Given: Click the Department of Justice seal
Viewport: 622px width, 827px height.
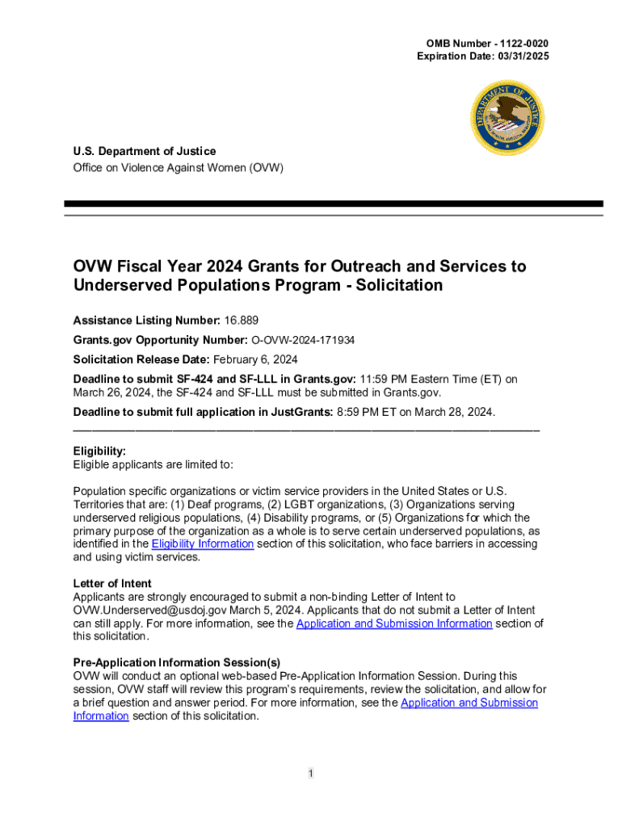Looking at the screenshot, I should tap(506, 119).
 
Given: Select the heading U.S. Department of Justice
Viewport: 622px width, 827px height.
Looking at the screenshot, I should tap(145, 151).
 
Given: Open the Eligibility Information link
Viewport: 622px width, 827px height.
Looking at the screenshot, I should tap(203, 544).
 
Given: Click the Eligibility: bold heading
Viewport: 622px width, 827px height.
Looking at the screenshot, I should tap(99, 451).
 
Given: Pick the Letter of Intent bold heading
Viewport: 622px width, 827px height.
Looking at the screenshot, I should tap(112, 583).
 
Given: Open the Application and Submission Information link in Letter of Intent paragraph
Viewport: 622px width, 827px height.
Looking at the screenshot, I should tap(394, 623).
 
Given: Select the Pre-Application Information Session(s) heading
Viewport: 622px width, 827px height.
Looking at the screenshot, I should tap(177, 662).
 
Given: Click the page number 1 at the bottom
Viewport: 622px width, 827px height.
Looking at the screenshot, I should tap(310, 775).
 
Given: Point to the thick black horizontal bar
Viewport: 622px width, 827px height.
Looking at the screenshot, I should tap(333, 204).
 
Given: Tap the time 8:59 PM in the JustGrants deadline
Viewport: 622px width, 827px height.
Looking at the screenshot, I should tap(363, 413).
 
